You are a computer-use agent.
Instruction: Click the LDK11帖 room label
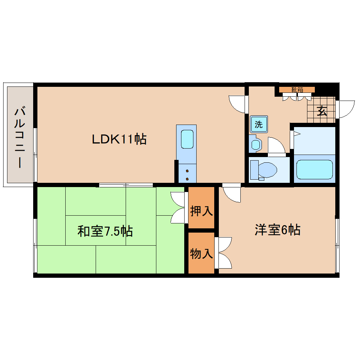(119, 139)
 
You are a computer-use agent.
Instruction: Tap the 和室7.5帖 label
(105, 232)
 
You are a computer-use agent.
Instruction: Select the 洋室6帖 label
(277, 230)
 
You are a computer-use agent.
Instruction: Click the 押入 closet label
(201, 211)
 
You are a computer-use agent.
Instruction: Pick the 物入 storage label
(201, 253)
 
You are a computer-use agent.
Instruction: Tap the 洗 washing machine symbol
(259, 124)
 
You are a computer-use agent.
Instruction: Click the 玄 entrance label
(322, 111)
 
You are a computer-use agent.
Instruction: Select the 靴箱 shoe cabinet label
(297, 90)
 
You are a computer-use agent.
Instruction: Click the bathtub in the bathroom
(314, 169)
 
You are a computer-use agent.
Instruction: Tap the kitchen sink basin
(187, 139)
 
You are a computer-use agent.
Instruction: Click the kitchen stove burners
(187, 173)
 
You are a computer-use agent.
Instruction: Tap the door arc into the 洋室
(231, 193)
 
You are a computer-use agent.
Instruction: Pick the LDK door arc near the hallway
(236, 104)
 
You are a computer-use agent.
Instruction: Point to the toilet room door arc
(276, 145)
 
